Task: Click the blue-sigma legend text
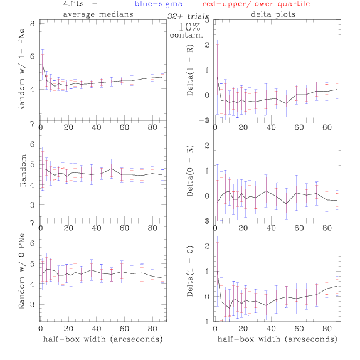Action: pos(159,4)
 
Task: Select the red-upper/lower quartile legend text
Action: pos(256,4)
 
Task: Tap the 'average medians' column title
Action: pos(98,14)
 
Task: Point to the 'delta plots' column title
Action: pos(273,14)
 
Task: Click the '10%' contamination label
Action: pos(189,27)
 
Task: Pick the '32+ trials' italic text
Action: pos(188,16)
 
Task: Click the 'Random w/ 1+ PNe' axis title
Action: pos(21,70)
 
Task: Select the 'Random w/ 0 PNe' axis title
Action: pos(21,271)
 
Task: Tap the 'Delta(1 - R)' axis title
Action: pos(190,70)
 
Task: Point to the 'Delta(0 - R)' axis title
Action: pos(190,171)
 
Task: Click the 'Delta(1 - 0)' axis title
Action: pos(190,271)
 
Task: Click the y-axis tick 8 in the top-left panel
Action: pos(33,24)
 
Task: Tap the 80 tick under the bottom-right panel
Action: pos(327,329)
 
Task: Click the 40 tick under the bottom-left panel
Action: pos(97,329)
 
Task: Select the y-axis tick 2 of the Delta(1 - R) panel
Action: pos(207,45)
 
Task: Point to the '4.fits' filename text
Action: pos(73,4)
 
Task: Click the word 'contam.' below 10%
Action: pos(186,35)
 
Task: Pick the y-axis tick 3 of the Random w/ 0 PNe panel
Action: pos(33,305)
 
